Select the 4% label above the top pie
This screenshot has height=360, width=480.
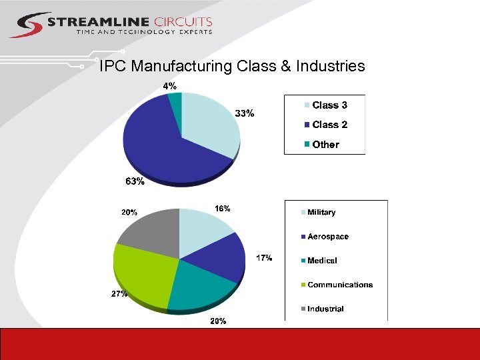170,86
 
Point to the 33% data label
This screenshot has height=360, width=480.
245,113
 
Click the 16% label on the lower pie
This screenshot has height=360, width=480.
222,209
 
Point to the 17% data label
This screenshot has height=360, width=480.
264,258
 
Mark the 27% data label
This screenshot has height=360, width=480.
119,294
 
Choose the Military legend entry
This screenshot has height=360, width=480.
321,213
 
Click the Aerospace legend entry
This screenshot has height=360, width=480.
327,237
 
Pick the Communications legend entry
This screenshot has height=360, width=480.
339,285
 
